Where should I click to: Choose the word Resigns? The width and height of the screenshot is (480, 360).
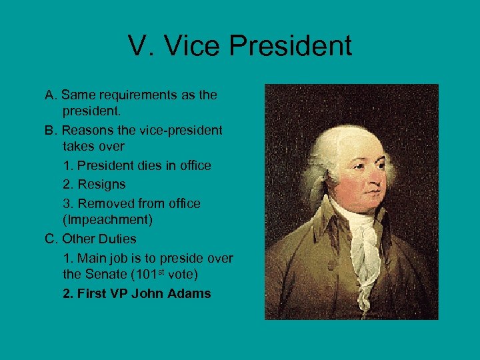click(x=101, y=184)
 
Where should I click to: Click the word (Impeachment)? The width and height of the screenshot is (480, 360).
click(x=103, y=220)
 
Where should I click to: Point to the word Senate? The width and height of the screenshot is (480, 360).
click(x=107, y=274)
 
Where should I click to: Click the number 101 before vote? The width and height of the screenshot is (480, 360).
click(x=144, y=274)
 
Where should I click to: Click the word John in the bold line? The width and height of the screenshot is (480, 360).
click(x=149, y=293)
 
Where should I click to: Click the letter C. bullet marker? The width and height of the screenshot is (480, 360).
click(x=51, y=239)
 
